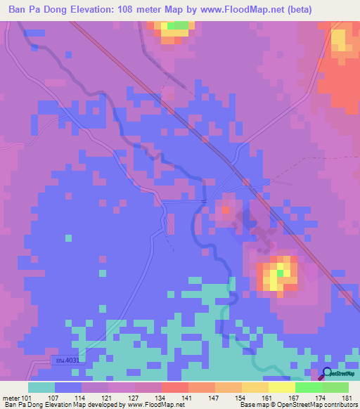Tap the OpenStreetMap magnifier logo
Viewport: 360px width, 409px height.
328,374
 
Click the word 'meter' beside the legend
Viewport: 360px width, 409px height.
11,398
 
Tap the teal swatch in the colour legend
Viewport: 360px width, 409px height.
41,387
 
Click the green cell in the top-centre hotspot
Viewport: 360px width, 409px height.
178,25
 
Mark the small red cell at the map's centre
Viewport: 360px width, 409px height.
225,209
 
